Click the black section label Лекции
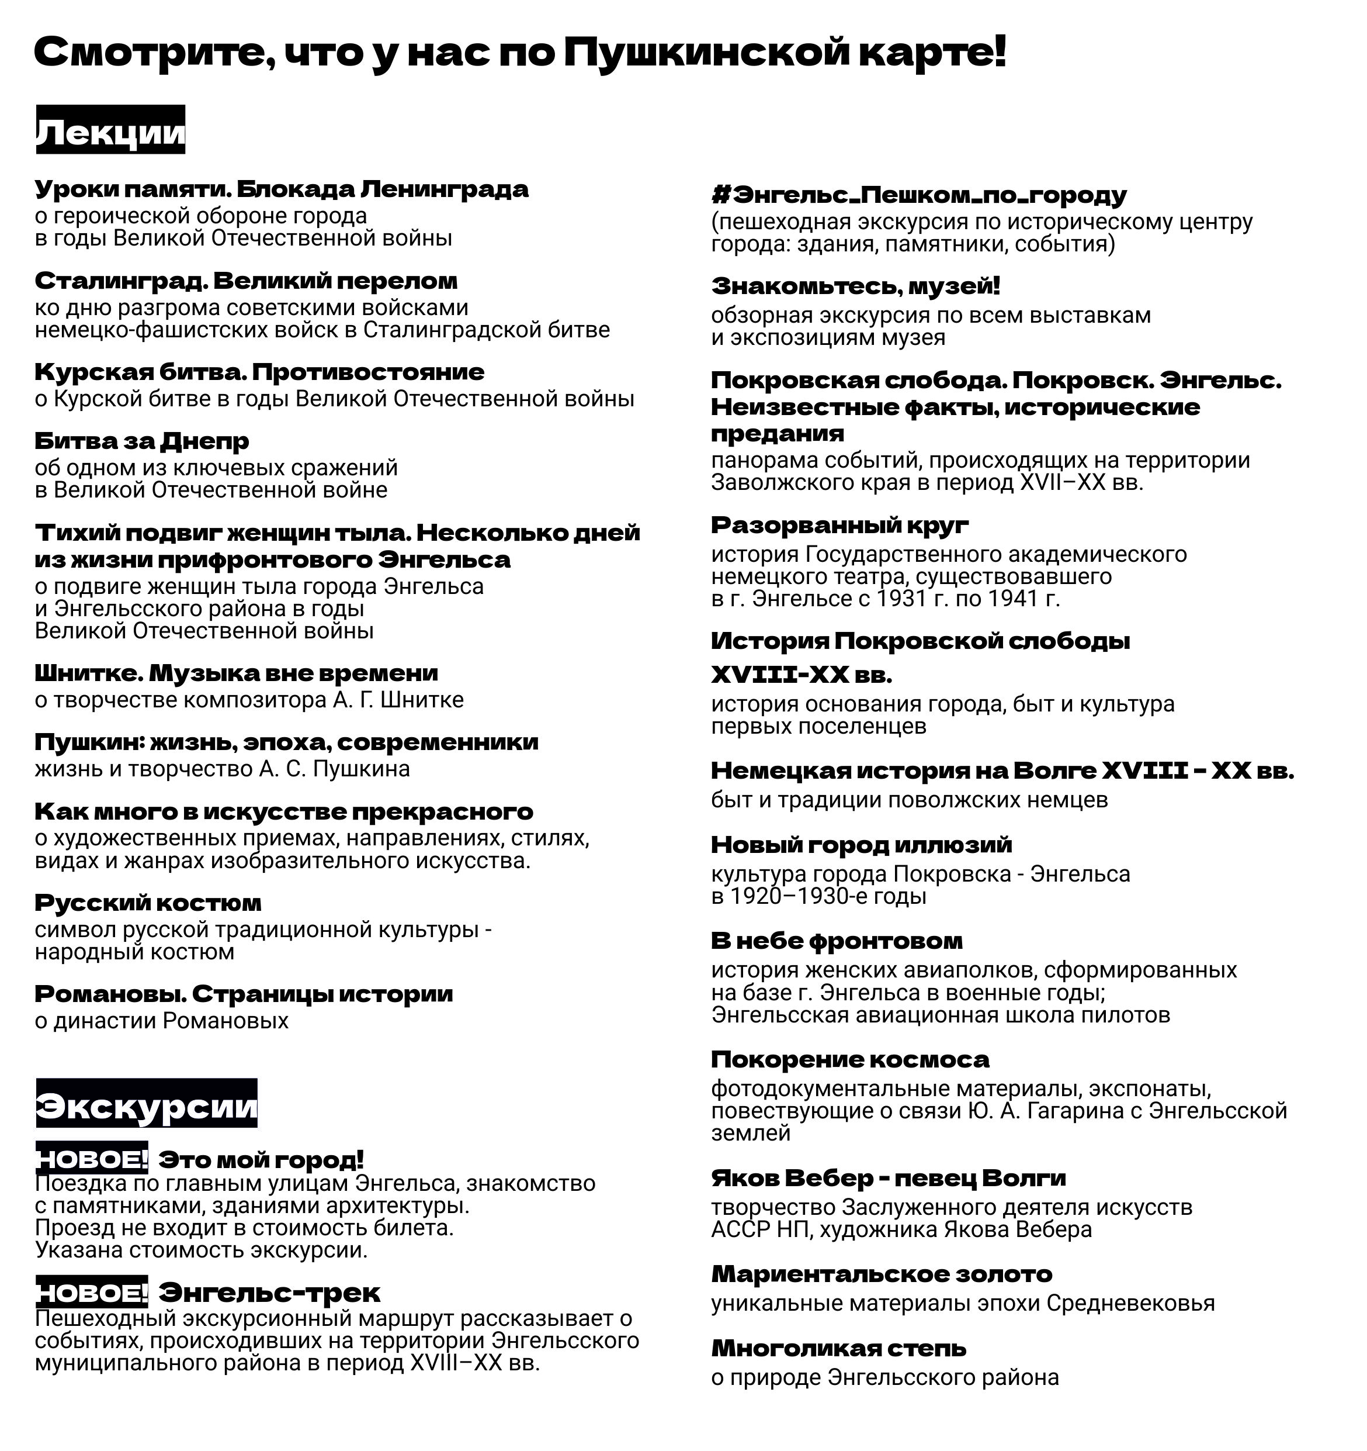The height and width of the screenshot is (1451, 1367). pos(111,130)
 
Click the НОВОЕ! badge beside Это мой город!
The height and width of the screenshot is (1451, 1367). pos(92,1159)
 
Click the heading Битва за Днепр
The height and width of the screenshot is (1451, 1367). pos(142,441)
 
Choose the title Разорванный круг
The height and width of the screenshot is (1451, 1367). pos(840,525)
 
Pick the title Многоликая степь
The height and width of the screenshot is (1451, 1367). pos(839,1348)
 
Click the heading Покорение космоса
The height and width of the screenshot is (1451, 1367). pos(851,1059)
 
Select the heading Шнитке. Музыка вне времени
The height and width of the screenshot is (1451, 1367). pos(237,673)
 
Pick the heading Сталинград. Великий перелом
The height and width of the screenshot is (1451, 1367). pos(247,281)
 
